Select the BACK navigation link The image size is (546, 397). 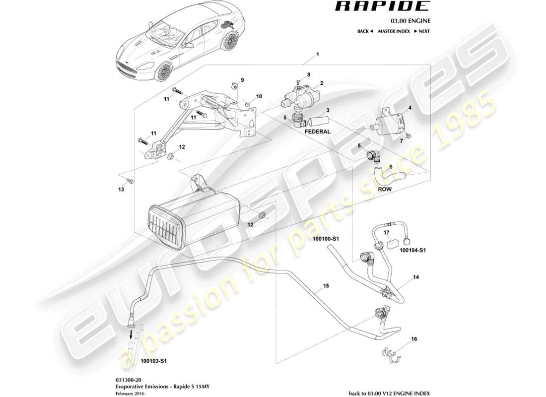(x=364, y=31)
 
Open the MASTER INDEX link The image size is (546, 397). (x=394, y=31)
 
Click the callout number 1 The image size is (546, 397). (x=318, y=54)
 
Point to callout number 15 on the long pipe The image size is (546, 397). (x=326, y=286)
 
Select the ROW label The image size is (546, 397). (x=384, y=189)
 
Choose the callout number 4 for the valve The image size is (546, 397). (x=409, y=107)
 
